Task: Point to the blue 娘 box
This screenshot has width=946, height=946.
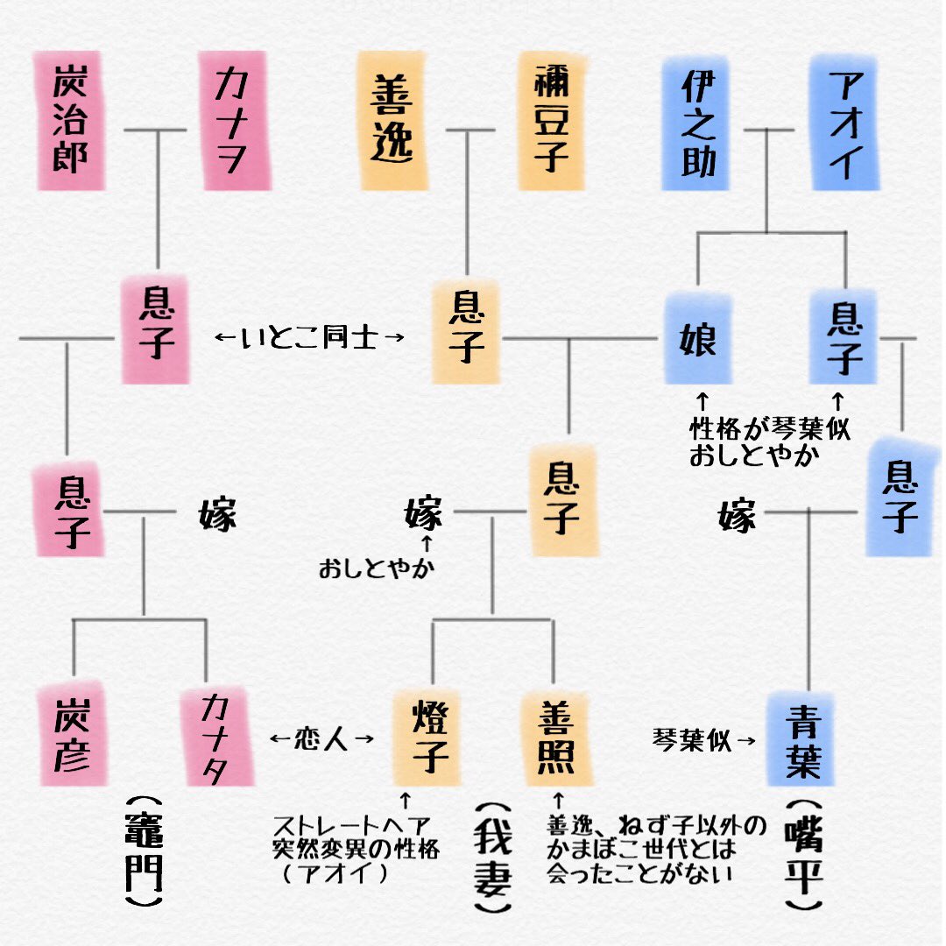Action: pos(698,338)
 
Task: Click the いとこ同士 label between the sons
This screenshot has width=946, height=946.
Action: pos(309,336)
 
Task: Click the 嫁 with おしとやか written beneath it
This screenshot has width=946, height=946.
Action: pos(424,515)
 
